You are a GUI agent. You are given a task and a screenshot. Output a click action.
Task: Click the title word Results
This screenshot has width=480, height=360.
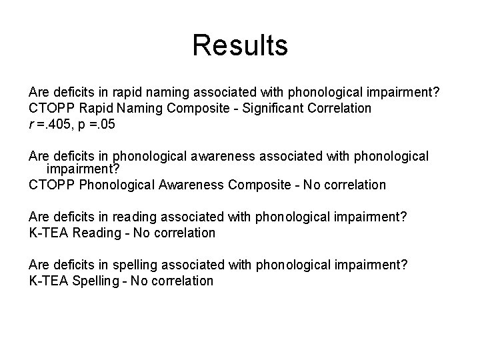240,45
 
